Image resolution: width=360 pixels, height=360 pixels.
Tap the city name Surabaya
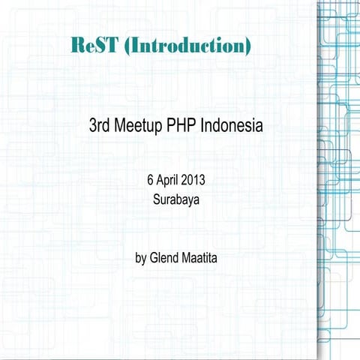point(177,200)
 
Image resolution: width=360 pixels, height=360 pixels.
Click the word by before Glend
point(140,259)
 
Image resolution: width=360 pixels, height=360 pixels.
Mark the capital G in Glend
point(153,258)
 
